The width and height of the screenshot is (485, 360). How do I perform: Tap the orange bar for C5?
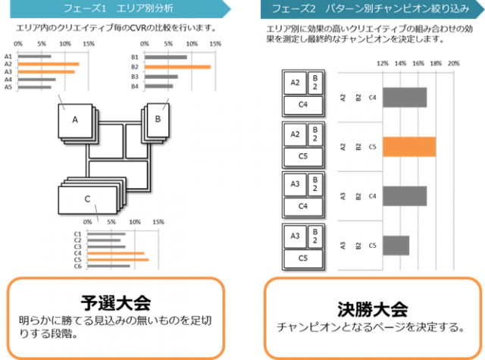coord(118,259)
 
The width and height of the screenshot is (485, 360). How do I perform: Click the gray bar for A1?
coord(35,56)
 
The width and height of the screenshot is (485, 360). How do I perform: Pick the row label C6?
coord(78,267)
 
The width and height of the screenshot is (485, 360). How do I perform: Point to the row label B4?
coord(135,86)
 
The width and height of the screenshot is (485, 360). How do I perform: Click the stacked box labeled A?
coord(75,120)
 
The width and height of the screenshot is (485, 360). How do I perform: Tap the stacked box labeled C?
coord(87,199)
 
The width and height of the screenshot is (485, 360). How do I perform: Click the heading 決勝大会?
coord(372,308)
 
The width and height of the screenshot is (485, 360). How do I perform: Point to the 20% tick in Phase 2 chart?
coord(454,64)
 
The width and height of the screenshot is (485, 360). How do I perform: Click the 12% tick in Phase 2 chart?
coord(383,64)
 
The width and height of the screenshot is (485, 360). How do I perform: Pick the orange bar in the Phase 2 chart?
coord(409,146)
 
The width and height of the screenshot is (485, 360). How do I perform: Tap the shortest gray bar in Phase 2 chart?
coord(396,245)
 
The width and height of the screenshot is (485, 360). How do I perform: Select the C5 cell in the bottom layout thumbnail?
coord(302,258)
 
